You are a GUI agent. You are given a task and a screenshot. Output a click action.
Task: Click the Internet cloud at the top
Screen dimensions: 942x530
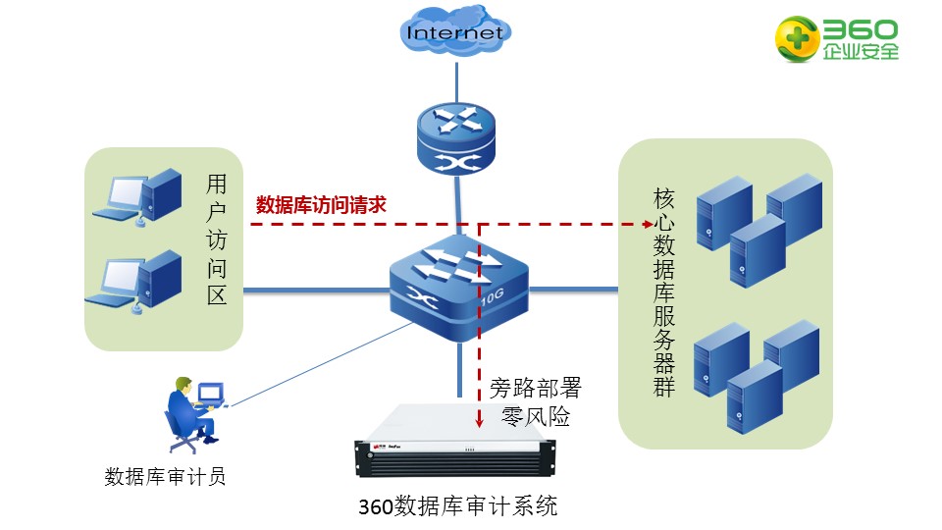(x=455, y=31)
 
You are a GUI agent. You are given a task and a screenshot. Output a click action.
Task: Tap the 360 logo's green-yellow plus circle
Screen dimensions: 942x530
(x=797, y=39)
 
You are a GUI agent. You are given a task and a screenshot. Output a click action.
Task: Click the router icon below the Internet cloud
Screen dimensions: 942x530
(x=456, y=138)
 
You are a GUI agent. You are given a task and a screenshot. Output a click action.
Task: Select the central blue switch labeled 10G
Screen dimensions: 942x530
(x=459, y=288)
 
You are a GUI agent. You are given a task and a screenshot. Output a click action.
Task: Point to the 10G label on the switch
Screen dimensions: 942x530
(x=492, y=296)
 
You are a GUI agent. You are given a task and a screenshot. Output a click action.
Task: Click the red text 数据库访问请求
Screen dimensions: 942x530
(x=321, y=205)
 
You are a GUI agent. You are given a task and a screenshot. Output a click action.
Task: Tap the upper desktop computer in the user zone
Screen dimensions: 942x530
(x=137, y=197)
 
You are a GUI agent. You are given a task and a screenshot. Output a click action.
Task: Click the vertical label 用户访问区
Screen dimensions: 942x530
(x=216, y=239)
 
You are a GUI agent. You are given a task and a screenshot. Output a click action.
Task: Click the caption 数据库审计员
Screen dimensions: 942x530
(x=165, y=477)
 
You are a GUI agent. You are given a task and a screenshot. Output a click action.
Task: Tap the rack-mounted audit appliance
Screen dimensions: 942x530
(x=454, y=442)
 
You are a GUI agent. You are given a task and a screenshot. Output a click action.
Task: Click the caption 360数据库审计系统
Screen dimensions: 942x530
(x=458, y=506)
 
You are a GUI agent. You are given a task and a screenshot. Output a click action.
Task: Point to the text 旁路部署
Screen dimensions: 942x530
(x=536, y=389)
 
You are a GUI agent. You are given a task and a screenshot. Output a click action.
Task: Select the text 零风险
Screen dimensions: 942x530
(x=536, y=416)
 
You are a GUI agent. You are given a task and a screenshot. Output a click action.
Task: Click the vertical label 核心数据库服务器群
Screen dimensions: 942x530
(x=664, y=292)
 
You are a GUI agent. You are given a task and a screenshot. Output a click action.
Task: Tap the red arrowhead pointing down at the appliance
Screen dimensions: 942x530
(x=479, y=422)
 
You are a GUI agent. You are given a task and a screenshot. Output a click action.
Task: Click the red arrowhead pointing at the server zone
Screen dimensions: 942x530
(x=648, y=224)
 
